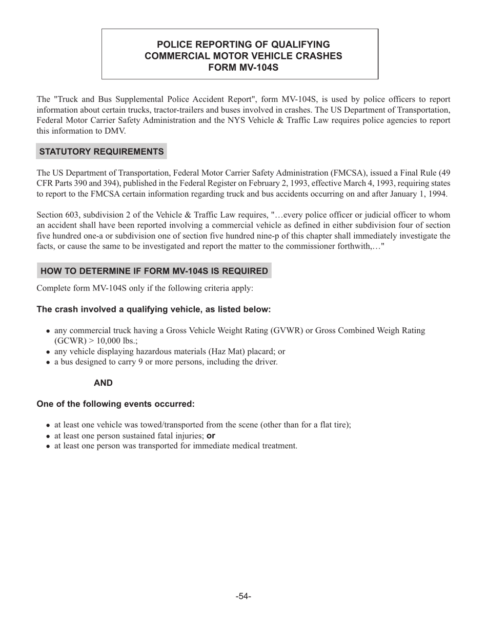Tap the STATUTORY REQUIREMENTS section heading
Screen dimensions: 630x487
click(102, 152)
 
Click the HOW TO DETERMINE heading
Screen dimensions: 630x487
click(154, 271)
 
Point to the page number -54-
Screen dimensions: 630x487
click(243, 596)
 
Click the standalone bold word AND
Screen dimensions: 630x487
click(103, 383)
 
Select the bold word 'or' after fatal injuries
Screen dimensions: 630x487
click(211, 435)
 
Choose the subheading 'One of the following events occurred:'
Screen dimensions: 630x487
click(115, 404)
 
